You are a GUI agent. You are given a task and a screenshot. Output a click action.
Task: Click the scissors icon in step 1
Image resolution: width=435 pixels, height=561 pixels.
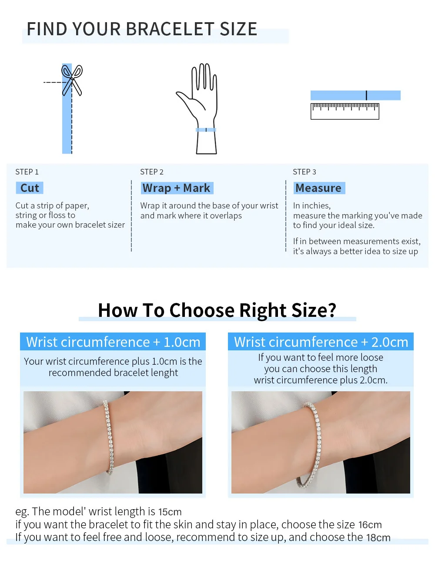(72, 80)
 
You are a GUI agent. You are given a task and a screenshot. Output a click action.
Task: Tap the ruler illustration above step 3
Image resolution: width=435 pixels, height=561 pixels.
(345, 111)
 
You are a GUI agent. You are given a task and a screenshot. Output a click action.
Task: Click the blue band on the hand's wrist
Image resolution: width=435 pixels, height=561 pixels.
(206, 130)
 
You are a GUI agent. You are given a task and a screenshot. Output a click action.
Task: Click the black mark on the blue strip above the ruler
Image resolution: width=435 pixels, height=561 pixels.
(366, 95)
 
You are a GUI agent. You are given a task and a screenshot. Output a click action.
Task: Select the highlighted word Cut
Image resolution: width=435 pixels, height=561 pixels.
(30, 188)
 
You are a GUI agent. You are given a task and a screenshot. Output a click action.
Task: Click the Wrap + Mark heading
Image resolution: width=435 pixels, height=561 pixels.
(177, 188)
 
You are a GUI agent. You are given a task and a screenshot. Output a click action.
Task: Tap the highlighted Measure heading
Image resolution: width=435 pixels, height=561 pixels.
(319, 188)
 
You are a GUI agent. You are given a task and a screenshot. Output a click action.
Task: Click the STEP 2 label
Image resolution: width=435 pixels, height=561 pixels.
(152, 172)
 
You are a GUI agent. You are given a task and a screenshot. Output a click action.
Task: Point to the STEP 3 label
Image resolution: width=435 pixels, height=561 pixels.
(304, 172)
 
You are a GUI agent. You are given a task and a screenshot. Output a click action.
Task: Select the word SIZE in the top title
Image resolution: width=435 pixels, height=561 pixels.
(238, 29)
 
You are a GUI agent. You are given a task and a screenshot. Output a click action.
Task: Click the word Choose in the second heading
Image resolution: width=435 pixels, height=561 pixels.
(202, 310)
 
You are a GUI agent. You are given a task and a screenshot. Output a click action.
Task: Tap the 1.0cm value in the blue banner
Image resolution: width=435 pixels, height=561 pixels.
(182, 342)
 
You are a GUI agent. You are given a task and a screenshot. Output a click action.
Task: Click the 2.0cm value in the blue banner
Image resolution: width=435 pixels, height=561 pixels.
(390, 342)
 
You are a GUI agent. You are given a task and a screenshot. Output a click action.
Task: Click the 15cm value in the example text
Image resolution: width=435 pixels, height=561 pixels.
(170, 512)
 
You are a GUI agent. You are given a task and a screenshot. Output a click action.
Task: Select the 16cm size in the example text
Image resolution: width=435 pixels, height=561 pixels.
(370, 525)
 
